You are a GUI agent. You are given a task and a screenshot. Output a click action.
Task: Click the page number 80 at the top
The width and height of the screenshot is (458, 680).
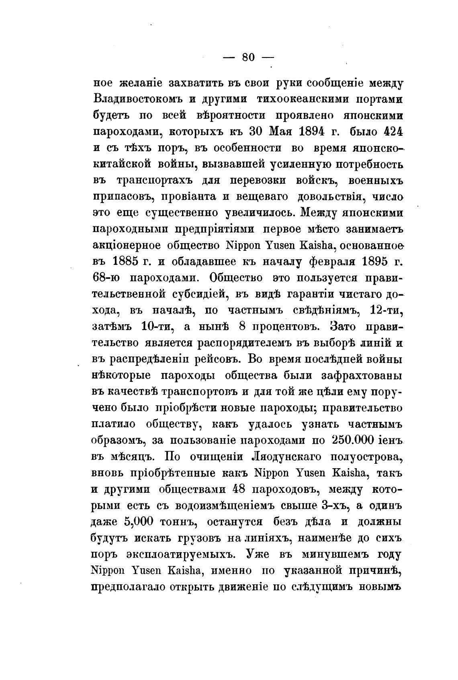(248, 57)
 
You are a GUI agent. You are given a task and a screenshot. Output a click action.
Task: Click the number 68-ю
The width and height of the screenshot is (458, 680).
(106, 278)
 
